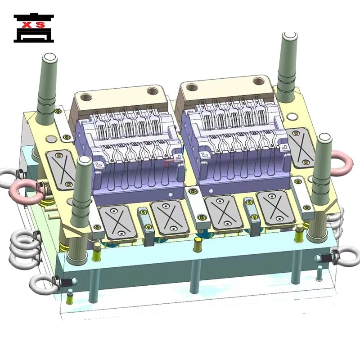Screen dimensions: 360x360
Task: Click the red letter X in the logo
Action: [27, 24]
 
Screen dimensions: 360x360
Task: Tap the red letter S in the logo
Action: [40, 24]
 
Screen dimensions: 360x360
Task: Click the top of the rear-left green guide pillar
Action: [50, 57]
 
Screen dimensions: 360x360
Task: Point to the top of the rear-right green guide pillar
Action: [290, 36]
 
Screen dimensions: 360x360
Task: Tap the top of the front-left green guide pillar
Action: [83, 160]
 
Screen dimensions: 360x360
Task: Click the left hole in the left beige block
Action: [85, 97]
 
